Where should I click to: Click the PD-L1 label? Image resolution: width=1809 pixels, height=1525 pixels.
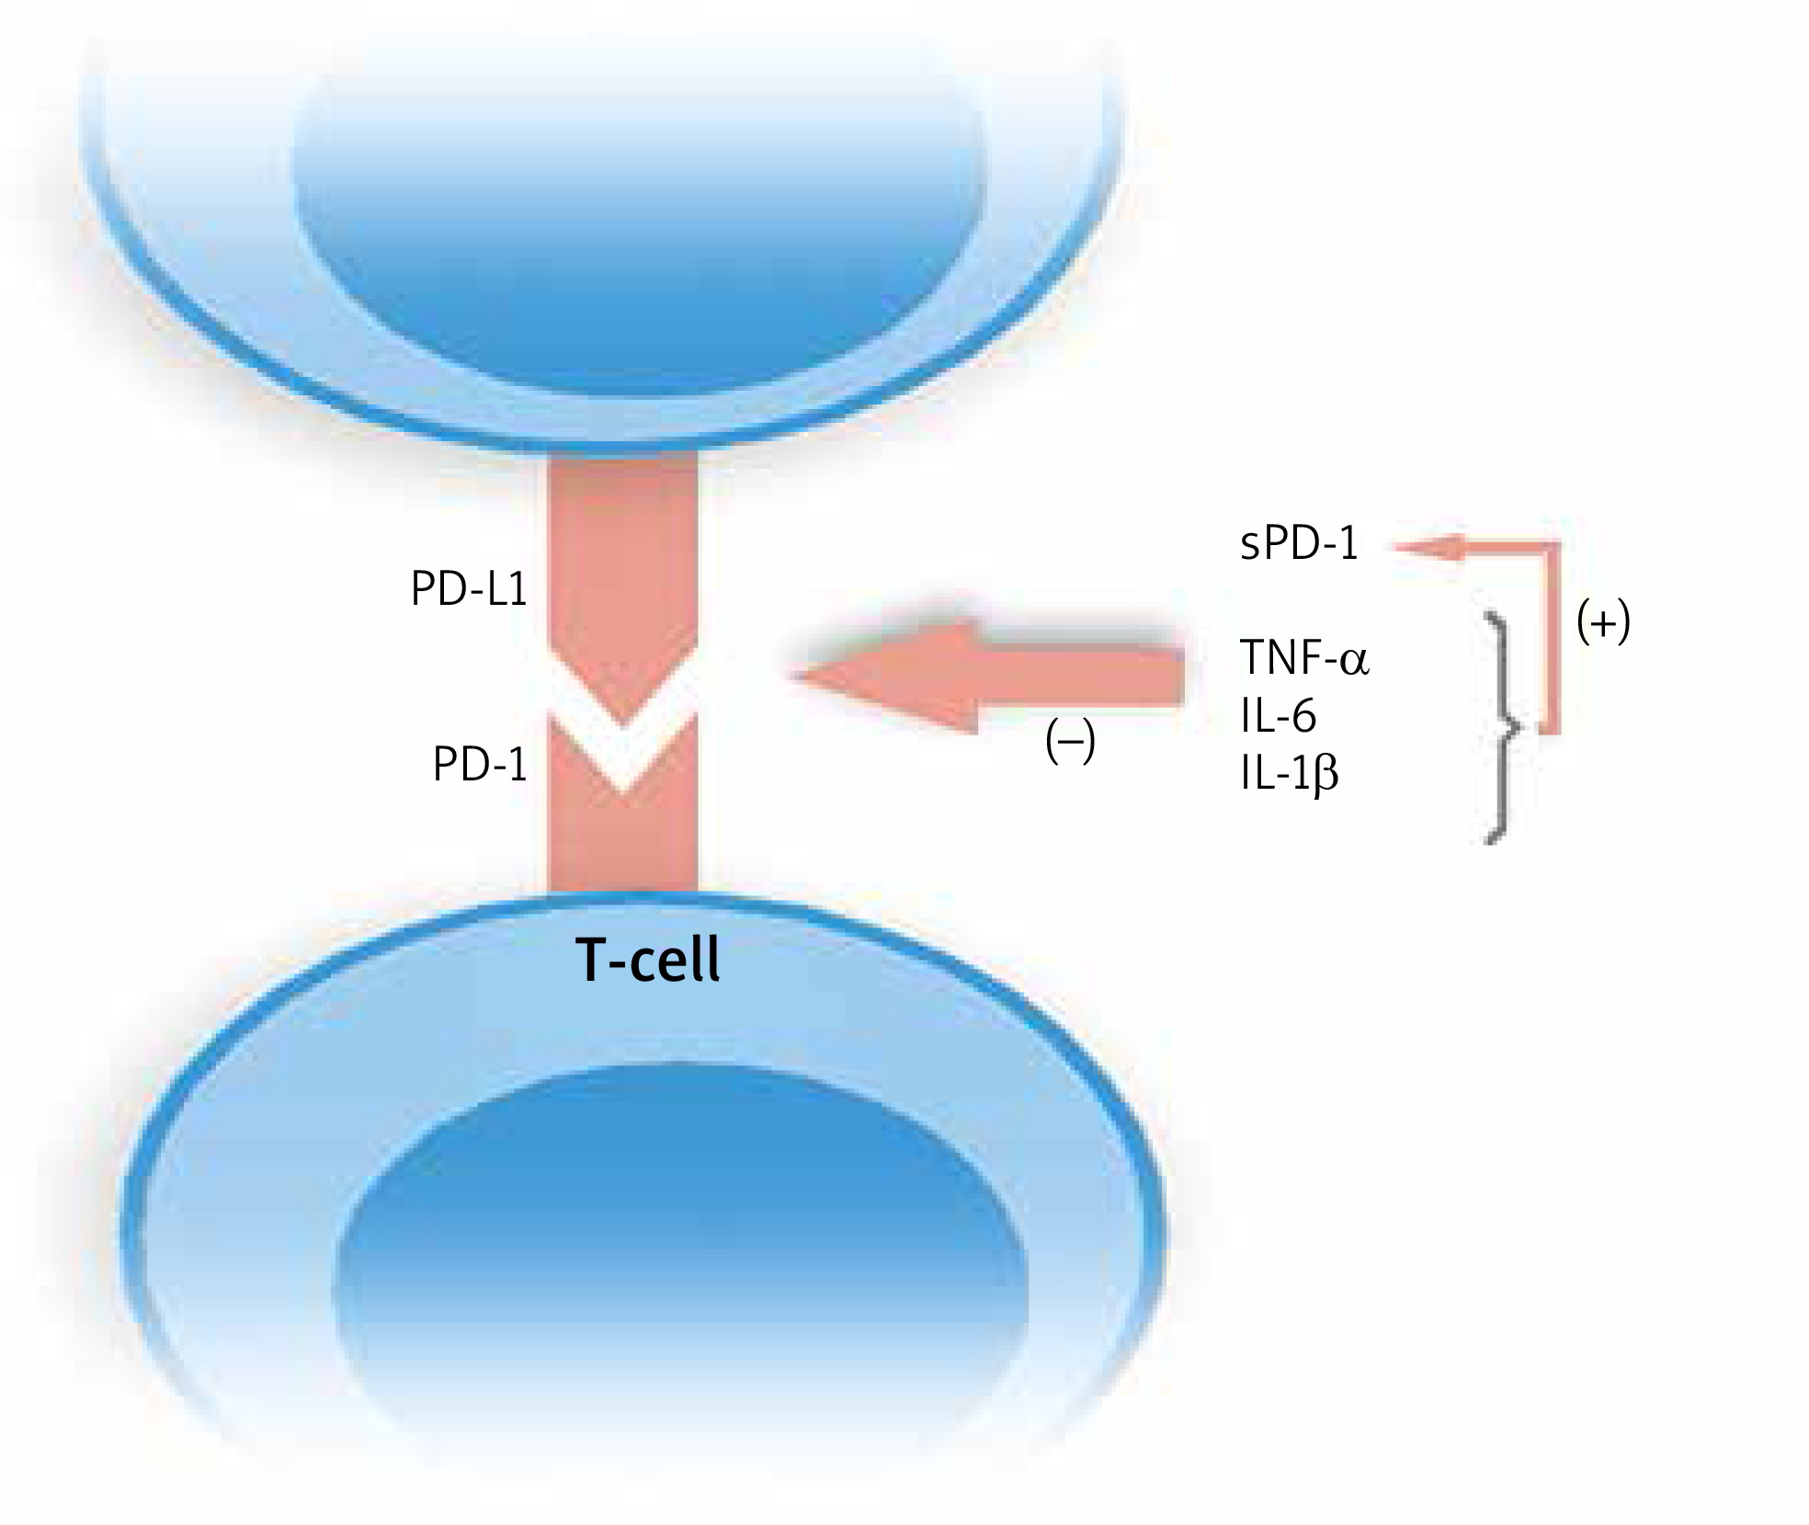pyautogui.click(x=469, y=590)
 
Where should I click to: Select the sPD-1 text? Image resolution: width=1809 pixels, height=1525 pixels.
pyautogui.click(x=1299, y=544)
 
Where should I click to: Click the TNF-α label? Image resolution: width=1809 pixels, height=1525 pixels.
pyautogui.click(x=1304, y=657)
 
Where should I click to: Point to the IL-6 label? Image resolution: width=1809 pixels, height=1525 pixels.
pyautogui.click(x=1278, y=715)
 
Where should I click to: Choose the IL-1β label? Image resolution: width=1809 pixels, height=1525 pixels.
pyautogui.click(x=1289, y=774)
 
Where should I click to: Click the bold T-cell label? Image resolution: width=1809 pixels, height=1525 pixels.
pyautogui.click(x=648, y=961)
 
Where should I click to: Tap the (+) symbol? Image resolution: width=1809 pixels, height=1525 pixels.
pyautogui.click(x=1603, y=622)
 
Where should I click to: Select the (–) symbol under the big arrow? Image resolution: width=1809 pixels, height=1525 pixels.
pyautogui.click(x=1070, y=741)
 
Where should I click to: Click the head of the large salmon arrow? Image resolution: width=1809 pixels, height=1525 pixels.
pyautogui.click(x=882, y=678)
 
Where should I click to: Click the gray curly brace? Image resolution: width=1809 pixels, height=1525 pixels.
pyautogui.click(x=1500, y=726)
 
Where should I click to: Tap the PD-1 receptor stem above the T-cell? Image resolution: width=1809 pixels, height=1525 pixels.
pyautogui.click(x=623, y=846)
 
